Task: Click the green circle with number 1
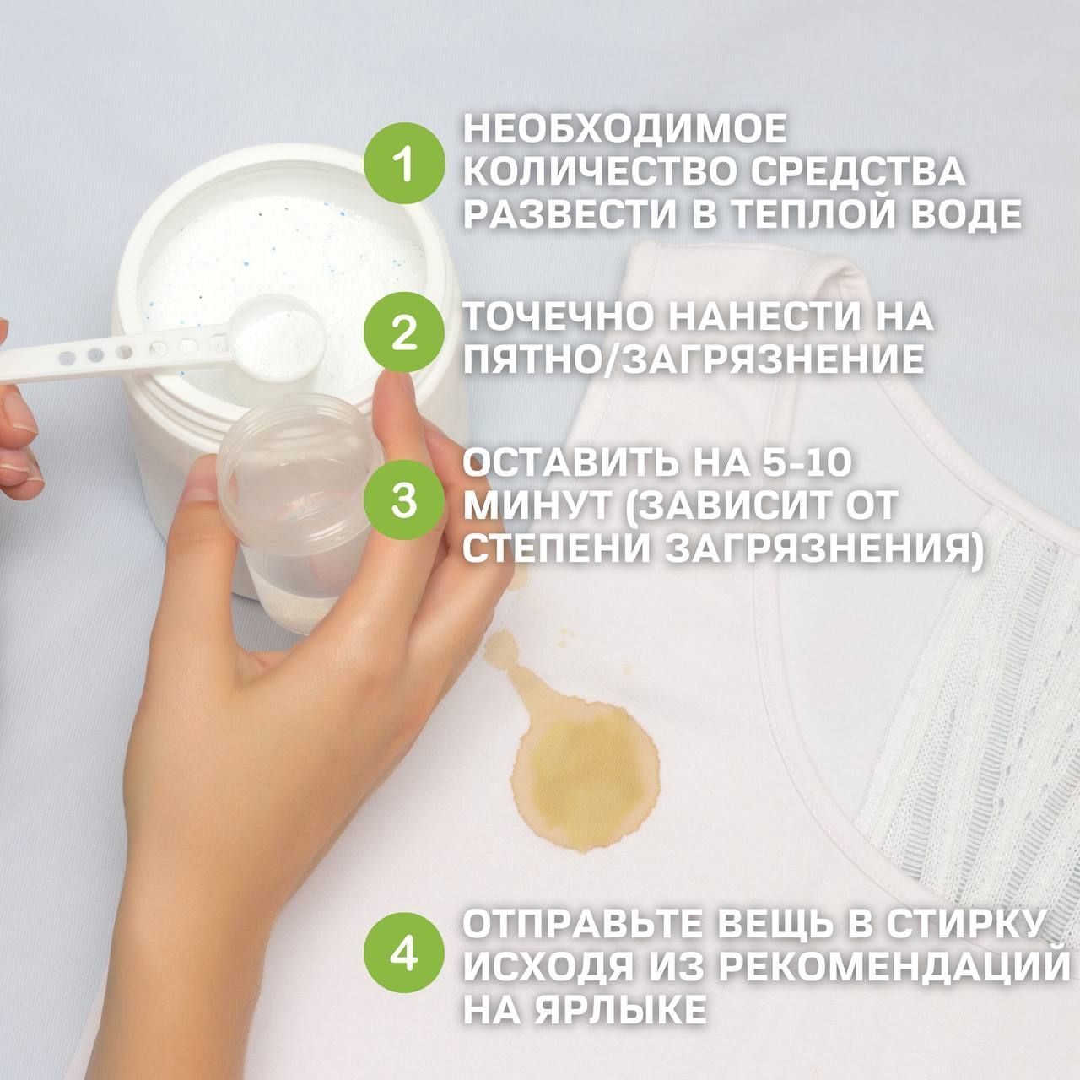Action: click(403, 164)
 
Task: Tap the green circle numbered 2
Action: click(403, 332)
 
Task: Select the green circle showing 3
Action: click(403, 499)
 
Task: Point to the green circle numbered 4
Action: click(403, 952)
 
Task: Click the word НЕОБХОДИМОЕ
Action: click(625, 128)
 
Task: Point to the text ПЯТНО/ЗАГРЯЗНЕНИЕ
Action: click(694, 359)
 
